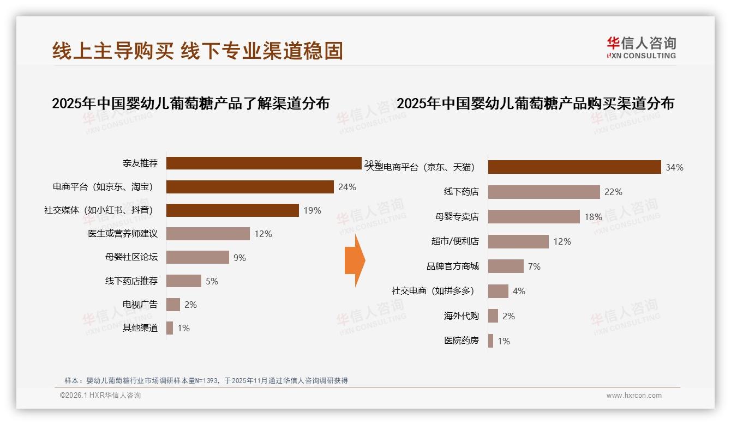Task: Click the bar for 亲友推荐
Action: [263, 163]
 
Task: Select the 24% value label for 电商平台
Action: [347, 187]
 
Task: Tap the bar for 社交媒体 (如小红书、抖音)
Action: [232, 210]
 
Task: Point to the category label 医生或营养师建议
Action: [123, 234]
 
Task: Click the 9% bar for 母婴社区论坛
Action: [197, 257]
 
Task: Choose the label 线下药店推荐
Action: [131, 281]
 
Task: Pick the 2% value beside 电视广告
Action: [190, 305]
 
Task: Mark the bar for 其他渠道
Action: [170, 328]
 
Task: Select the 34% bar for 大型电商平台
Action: [574, 167]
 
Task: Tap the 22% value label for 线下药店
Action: [613, 192]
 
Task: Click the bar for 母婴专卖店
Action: [534, 217]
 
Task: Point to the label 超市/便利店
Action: [455, 241]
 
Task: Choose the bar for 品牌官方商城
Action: [506, 266]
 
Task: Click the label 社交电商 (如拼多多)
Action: [433, 291]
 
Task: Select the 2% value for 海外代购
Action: [508, 316]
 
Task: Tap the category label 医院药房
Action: [462, 341]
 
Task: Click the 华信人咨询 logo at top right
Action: [641, 48]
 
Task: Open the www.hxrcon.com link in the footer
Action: [634, 396]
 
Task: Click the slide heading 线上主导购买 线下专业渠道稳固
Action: [197, 51]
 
